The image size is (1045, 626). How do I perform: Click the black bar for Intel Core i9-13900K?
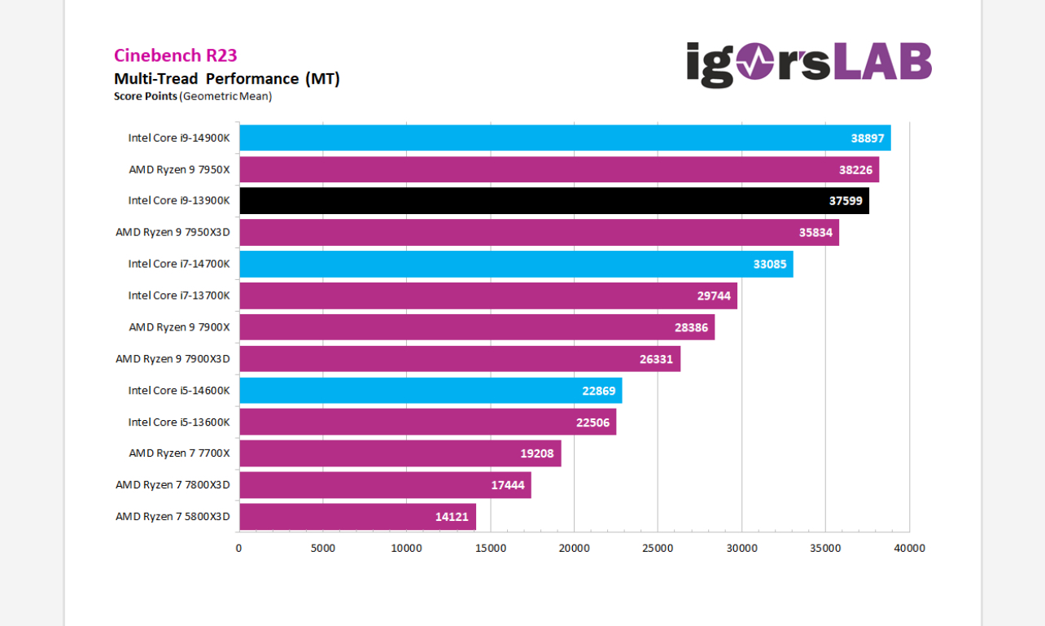(x=553, y=200)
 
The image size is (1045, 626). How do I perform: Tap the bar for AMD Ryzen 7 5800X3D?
(x=357, y=516)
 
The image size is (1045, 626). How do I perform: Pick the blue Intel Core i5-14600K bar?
(x=431, y=390)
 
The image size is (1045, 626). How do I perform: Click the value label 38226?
(x=855, y=169)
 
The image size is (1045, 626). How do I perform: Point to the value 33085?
(x=770, y=264)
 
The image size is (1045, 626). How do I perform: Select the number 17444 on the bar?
(x=508, y=485)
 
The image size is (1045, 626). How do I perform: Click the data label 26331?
(x=656, y=359)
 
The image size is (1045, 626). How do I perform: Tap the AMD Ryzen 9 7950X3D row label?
(x=173, y=232)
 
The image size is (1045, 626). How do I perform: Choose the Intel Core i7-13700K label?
(x=179, y=295)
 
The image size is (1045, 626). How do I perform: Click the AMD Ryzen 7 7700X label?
(x=179, y=453)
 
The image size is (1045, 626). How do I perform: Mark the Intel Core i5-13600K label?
(x=179, y=422)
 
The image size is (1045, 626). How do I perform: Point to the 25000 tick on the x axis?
(x=658, y=548)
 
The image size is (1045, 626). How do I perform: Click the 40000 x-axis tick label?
(x=909, y=548)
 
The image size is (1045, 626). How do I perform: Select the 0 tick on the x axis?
(x=238, y=548)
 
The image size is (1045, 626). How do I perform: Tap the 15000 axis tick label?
(x=490, y=548)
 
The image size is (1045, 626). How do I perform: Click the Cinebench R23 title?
(x=175, y=55)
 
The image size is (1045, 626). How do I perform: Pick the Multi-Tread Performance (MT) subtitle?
(x=226, y=78)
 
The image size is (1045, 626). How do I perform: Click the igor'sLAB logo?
(x=808, y=63)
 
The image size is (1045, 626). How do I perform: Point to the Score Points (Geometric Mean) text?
(x=193, y=96)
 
